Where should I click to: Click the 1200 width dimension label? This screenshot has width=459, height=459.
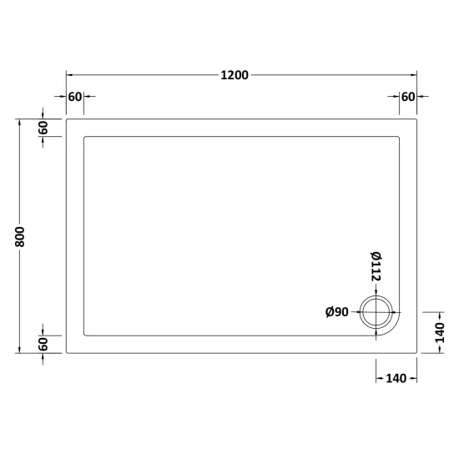click(x=235, y=75)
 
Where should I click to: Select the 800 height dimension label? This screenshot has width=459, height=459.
click(x=20, y=236)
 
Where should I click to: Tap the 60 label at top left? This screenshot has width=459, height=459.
click(x=75, y=97)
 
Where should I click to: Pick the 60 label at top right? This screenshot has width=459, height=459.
click(x=408, y=97)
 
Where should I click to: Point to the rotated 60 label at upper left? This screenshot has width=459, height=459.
click(x=43, y=128)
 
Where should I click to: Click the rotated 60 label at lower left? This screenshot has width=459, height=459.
click(x=43, y=344)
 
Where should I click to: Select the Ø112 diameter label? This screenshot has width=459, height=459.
click(x=376, y=266)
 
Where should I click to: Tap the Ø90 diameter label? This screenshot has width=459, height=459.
click(x=337, y=312)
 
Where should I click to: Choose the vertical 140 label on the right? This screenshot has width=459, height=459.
click(x=440, y=333)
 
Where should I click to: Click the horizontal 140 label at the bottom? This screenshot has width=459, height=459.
click(x=396, y=379)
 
